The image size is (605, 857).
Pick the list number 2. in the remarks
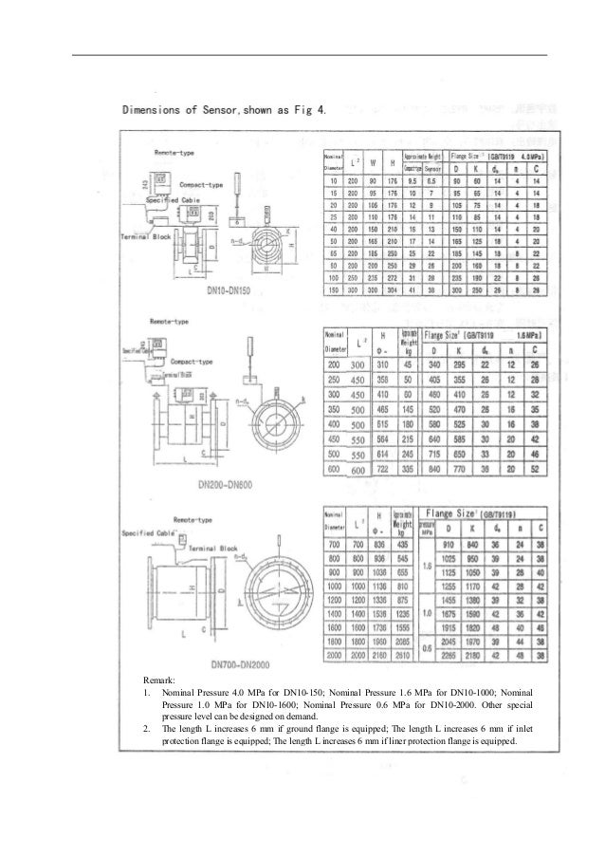tap(141, 730)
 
